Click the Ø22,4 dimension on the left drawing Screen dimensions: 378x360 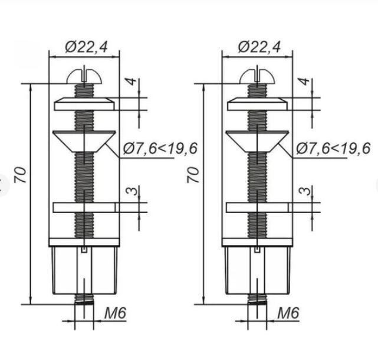point(86,47)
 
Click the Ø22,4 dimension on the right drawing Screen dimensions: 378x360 point(259,47)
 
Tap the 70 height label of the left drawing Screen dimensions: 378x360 point(20,175)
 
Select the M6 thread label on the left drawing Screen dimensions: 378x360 point(115,313)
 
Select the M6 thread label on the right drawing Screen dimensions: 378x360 point(288,313)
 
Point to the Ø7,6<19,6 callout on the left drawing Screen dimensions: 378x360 point(160,148)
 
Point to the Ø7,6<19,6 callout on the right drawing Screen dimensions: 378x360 point(333,148)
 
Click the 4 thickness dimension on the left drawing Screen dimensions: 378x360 point(132,81)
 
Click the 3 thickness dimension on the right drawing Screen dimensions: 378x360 point(304,191)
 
